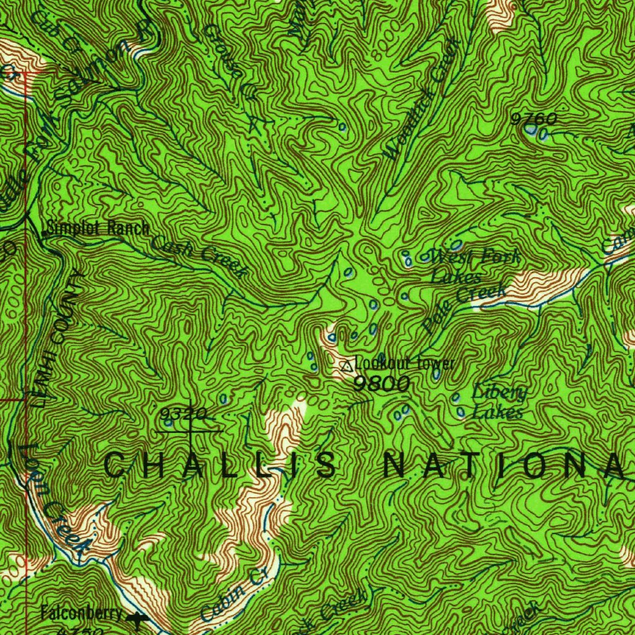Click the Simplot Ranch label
pyautogui.click(x=97, y=228)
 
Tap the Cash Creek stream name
pyautogui.click(x=198, y=255)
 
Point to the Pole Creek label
pyautogui.click(x=464, y=308)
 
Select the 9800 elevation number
pyautogui.click(x=381, y=384)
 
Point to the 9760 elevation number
pyautogui.click(x=533, y=118)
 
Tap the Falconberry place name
pyautogui.click(x=82, y=614)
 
